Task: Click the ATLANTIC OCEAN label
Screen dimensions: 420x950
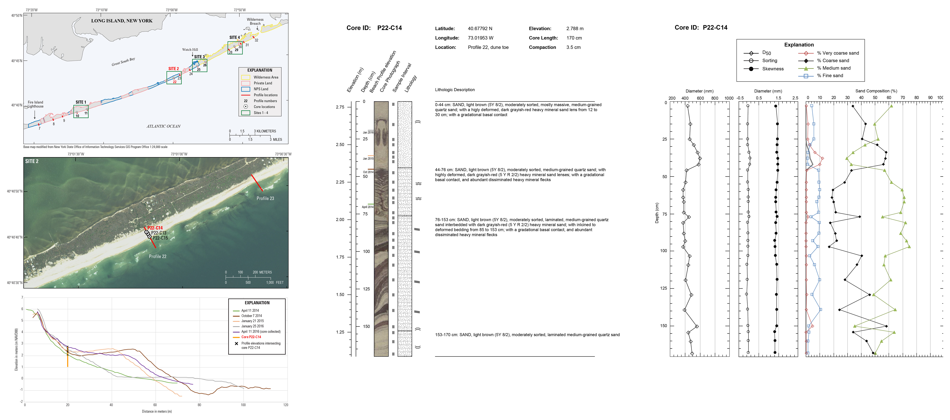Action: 163,126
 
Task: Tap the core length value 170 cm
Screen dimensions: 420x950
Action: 574,38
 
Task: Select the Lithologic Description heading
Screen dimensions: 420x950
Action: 455,90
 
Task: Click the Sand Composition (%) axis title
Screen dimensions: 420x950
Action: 876,91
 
